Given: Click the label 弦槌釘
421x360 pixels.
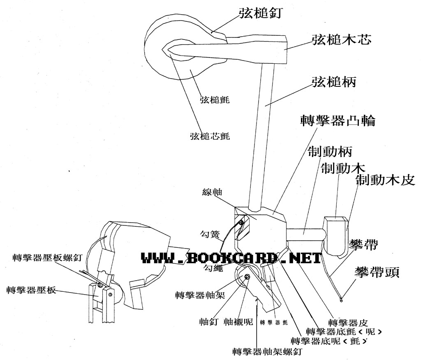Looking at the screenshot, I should click(259, 13).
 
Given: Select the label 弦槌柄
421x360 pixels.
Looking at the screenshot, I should click(333, 82).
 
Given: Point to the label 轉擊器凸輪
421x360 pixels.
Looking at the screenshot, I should click(338, 121).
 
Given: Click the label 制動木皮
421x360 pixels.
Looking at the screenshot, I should click(385, 179).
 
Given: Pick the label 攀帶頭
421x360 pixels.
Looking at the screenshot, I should click(377, 272).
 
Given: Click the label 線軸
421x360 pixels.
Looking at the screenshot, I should click(212, 192).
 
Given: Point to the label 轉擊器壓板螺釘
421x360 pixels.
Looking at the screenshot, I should click(48, 258).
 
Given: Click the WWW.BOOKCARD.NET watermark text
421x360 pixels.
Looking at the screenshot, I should click(231, 258).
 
